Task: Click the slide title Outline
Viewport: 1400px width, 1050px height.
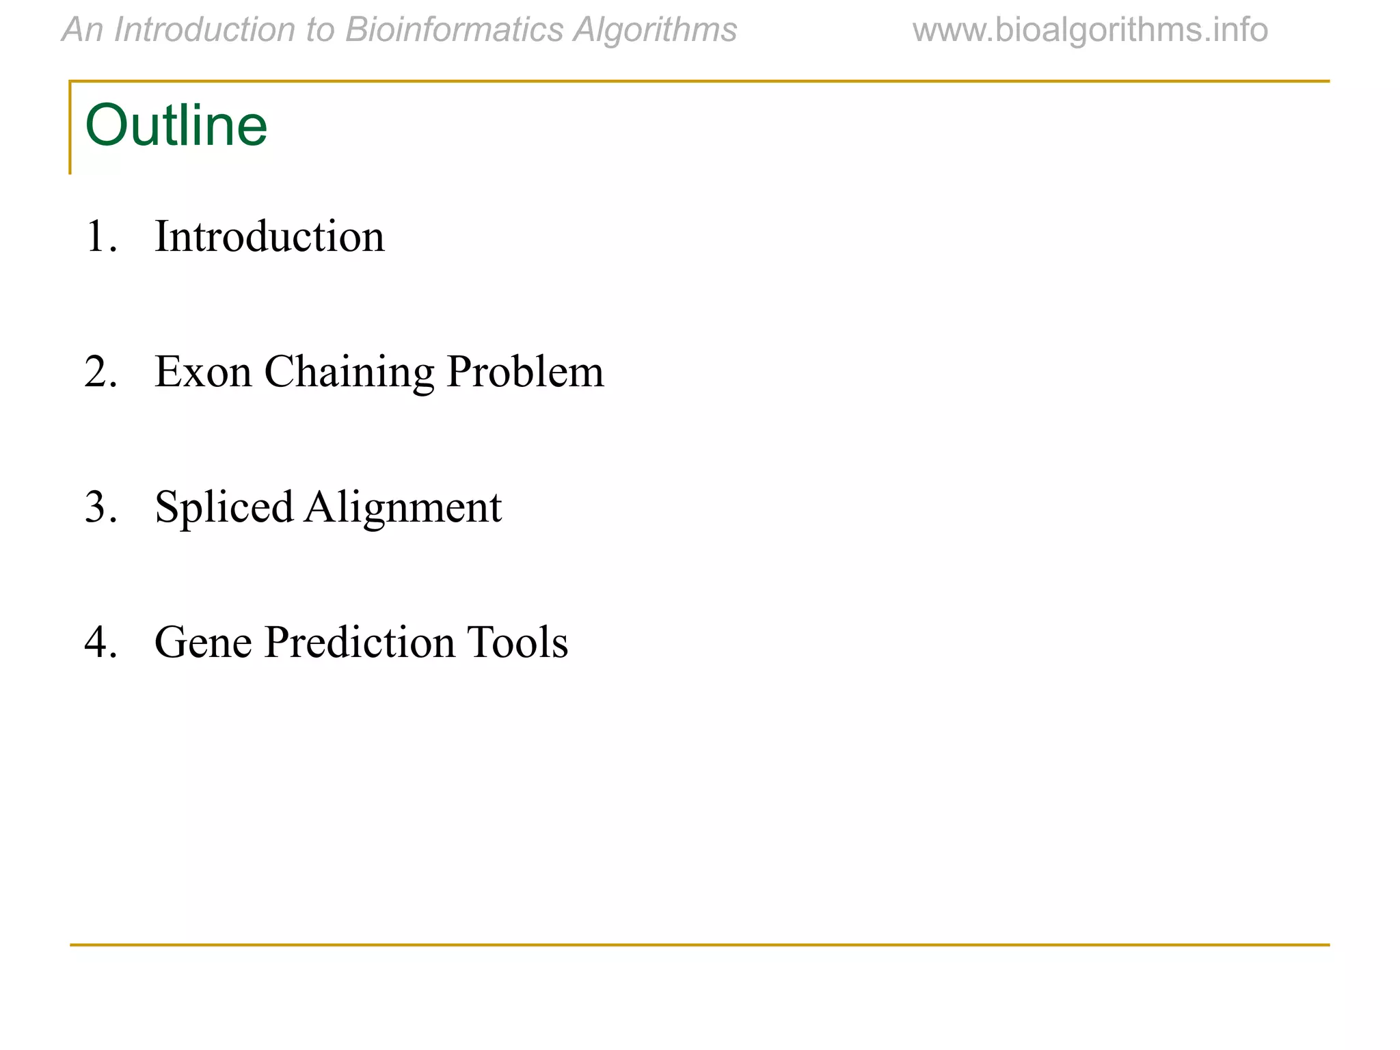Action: coord(176,126)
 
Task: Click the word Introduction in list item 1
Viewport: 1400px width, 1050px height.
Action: coord(269,237)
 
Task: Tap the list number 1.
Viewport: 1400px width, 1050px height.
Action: coord(100,237)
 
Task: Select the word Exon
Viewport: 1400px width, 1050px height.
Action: coord(203,372)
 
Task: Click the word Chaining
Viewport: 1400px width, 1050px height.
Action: coord(349,373)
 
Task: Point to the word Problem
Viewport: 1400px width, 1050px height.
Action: coord(525,372)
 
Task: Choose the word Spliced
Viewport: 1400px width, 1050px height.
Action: coord(224,508)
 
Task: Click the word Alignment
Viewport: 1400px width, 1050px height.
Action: coord(403,508)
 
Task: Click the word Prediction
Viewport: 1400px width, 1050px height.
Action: coord(360,643)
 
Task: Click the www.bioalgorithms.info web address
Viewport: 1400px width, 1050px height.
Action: coord(1090,30)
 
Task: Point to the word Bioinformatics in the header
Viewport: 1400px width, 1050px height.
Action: coord(454,30)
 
